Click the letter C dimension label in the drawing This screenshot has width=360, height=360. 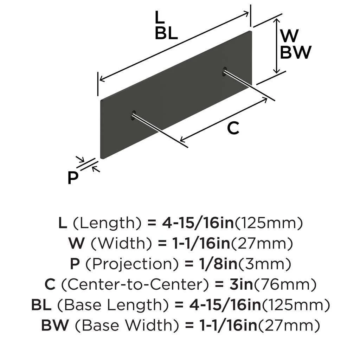233,128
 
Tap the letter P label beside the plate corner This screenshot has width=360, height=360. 73,178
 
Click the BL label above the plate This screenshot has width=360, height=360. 166,33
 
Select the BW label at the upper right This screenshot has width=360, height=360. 295,52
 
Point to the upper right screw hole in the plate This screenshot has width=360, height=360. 224,71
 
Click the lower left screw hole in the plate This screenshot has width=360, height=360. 133,115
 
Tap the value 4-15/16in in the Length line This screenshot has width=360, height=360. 198,223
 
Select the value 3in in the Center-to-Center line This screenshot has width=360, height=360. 241,284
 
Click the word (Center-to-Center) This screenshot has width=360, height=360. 135,285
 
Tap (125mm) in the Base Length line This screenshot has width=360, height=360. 296,305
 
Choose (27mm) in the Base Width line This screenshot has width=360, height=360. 289,326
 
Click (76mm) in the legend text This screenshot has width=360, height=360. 285,285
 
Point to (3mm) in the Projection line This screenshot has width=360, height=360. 265,264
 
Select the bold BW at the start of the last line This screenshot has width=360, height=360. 55,325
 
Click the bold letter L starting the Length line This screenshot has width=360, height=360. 63,223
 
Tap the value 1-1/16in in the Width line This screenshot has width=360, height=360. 201,244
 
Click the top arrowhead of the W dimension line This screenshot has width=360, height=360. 277,21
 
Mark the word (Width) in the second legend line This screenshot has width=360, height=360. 121,244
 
